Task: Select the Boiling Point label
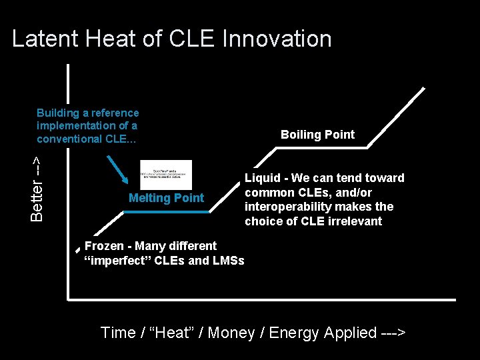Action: pyautogui.click(x=317, y=135)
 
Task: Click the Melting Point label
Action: pyautogui.click(x=166, y=198)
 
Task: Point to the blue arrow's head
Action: pyautogui.click(x=128, y=181)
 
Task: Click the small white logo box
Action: pyautogui.click(x=166, y=175)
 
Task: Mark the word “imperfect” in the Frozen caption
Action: pyautogui.click(x=117, y=260)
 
